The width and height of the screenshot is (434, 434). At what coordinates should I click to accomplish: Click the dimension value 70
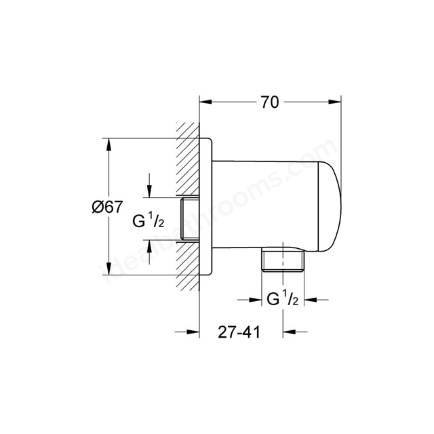tap(269, 102)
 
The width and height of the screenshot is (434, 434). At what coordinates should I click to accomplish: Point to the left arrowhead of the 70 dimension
tap(204, 103)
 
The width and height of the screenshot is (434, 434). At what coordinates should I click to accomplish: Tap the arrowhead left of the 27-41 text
tap(193, 331)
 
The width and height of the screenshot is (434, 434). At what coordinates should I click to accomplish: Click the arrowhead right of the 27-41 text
tap(289, 331)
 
